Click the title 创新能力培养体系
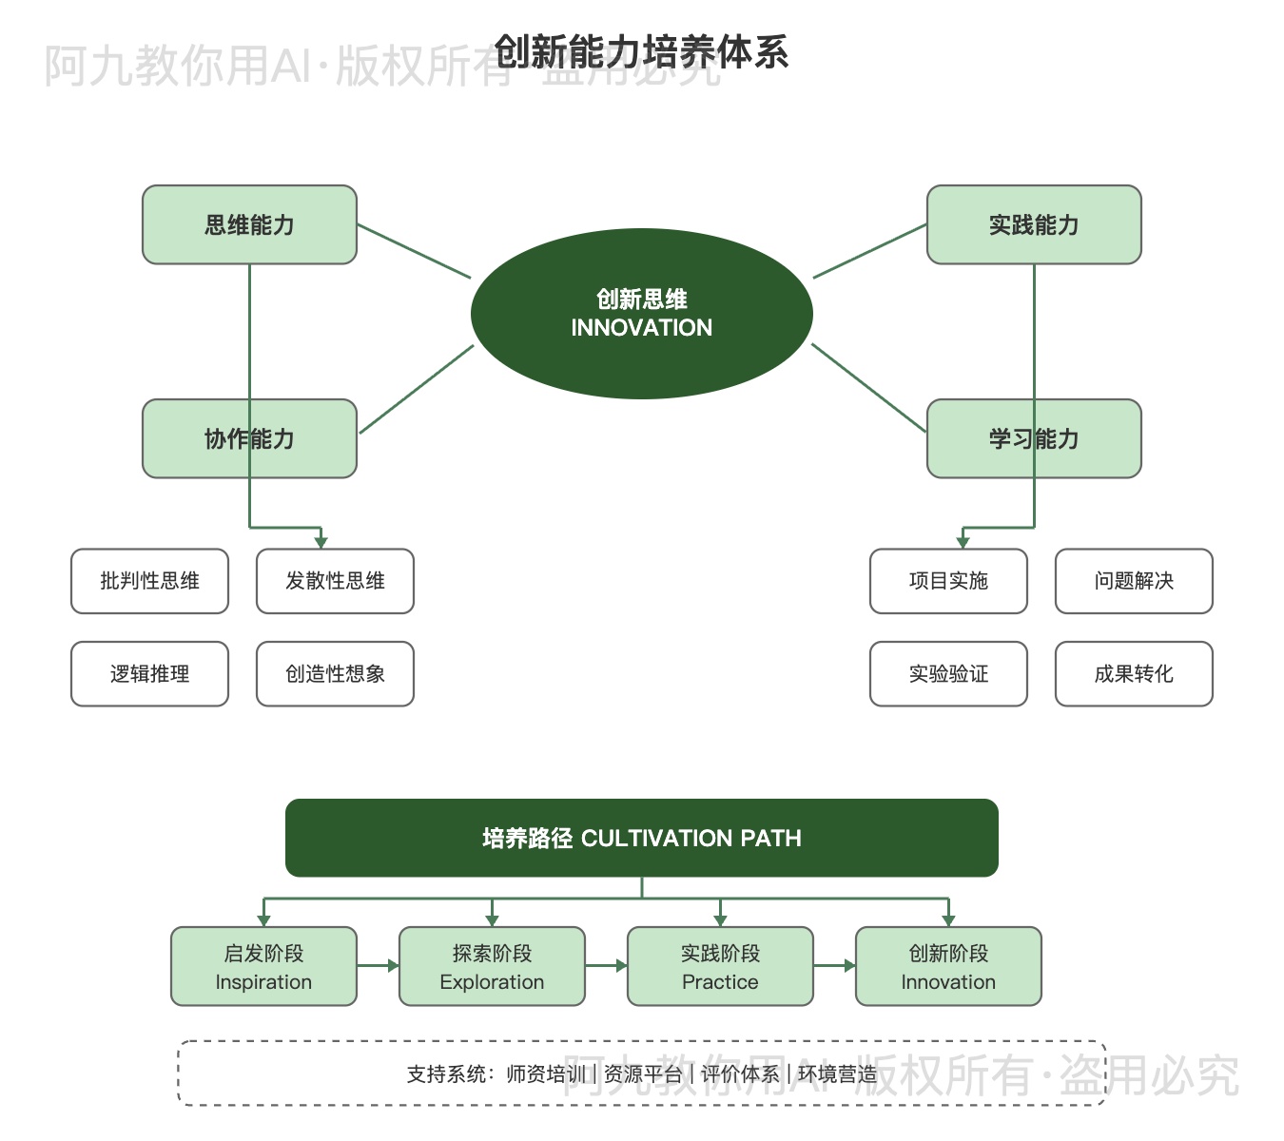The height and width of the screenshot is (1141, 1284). click(641, 52)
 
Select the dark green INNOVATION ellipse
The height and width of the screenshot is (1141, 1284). click(641, 314)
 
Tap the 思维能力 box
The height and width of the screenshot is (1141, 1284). click(249, 224)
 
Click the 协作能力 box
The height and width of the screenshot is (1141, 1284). click(249, 438)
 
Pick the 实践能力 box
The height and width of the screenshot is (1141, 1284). click(1034, 224)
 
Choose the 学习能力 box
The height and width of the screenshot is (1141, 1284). click(1034, 438)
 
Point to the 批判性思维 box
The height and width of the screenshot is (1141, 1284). click(149, 581)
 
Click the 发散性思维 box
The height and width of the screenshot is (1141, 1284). click(335, 581)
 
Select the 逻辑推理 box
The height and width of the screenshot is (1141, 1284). click(149, 674)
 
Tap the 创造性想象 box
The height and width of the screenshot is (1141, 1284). click(335, 674)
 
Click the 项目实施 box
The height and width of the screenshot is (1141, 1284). click(948, 581)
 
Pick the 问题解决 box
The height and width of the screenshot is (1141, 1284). click(1134, 581)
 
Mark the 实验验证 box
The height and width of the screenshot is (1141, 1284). click(948, 674)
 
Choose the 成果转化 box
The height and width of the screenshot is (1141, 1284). click(1134, 674)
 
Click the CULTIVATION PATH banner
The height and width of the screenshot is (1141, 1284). click(641, 838)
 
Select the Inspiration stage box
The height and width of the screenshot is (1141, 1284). click(263, 966)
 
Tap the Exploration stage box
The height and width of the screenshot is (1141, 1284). click(492, 966)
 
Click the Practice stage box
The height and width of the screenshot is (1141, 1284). click(720, 966)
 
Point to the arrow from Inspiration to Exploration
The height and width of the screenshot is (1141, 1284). click(378, 966)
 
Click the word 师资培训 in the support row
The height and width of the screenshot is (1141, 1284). click(546, 1074)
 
